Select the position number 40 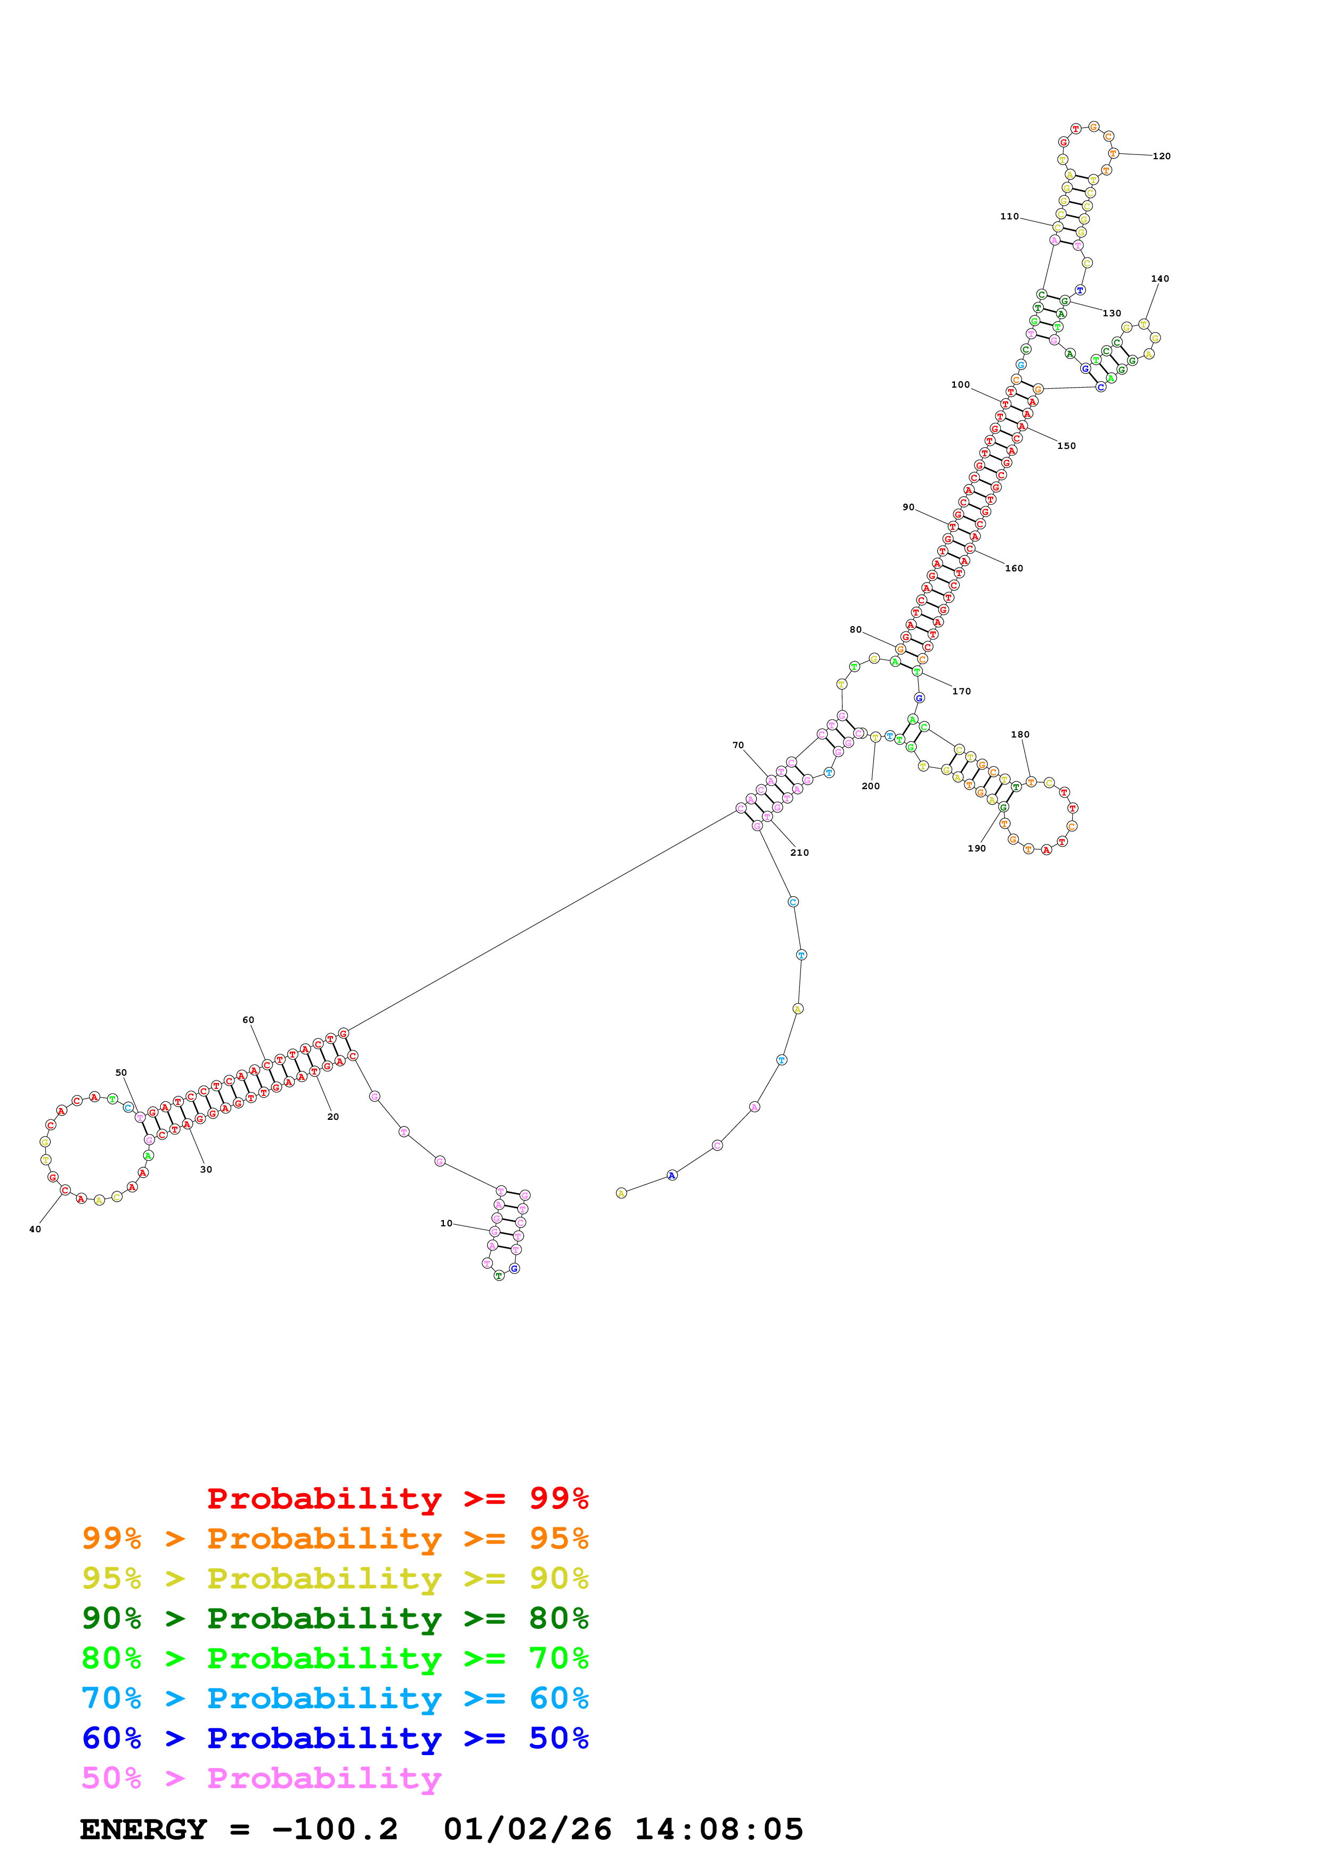click(x=35, y=1230)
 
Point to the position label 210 click(x=799, y=853)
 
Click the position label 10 click(x=446, y=1223)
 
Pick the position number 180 click(x=1020, y=735)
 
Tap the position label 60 click(x=248, y=1020)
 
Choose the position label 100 click(x=960, y=385)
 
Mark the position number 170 click(x=961, y=692)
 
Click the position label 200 click(x=870, y=786)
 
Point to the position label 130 click(x=1111, y=313)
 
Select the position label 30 click(x=206, y=1170)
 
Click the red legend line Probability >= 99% click(x=397, y=1498)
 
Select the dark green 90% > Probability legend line click(x=335, y=1618)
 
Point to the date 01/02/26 click(x=528, y=1830)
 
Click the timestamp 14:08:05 click(x=719, y=1830)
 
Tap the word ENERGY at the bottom click(x=143, y=1830)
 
